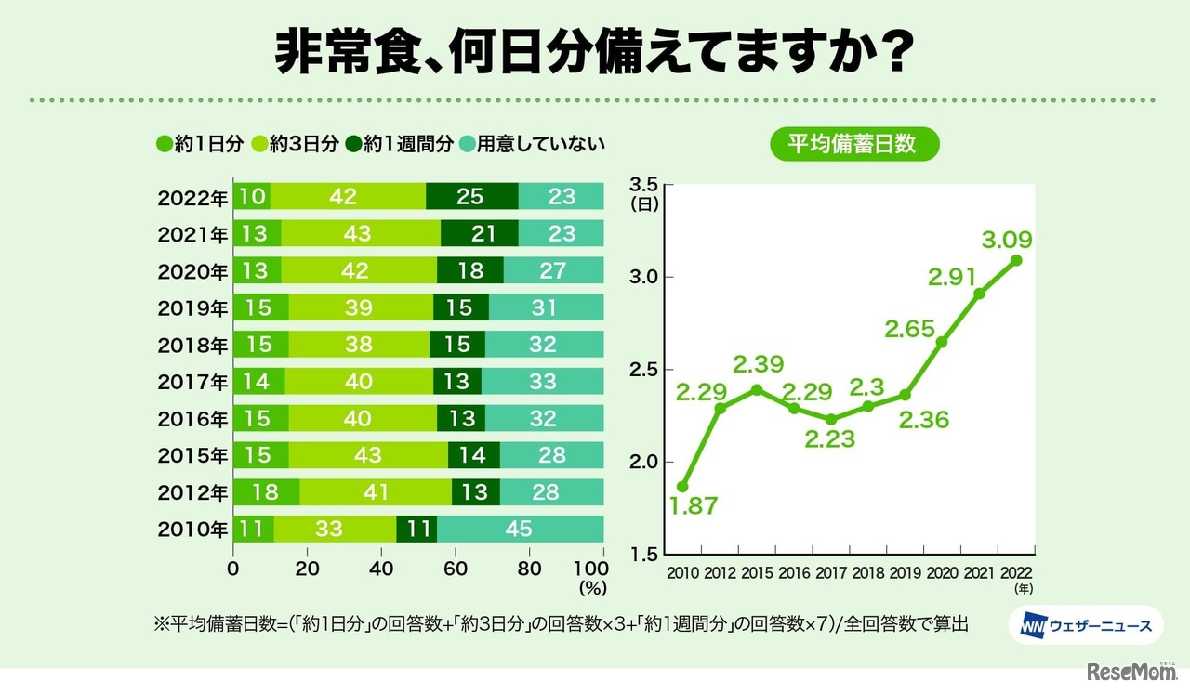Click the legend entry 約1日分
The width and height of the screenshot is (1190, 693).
point(200,144)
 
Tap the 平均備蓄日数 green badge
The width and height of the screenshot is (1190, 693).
point(853,144)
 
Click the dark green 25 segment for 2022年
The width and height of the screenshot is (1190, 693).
point(471,197)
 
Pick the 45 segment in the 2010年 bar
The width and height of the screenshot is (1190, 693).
point(520,529)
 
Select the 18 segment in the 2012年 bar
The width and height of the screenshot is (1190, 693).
point(266,491)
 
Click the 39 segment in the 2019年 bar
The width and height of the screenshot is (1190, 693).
point(361,307)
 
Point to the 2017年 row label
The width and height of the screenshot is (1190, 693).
point(192,381)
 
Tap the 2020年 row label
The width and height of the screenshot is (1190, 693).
point(192,270)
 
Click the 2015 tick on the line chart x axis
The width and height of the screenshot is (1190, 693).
point(757,574)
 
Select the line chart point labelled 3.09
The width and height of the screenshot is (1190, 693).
point(1016,260)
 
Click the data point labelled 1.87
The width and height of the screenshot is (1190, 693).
point(682,486)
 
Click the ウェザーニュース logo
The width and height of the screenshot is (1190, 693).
point(1081,626)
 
